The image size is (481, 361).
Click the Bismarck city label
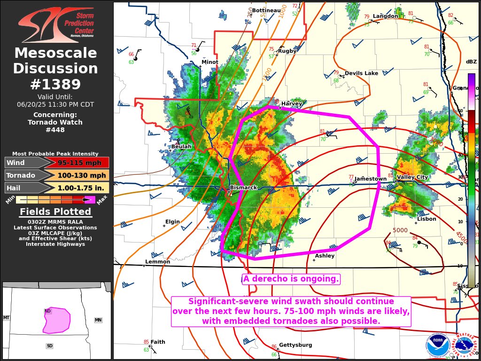click(x=244, y=188)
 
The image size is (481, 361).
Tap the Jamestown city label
click(x=371, y=179)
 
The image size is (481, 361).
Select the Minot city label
click(x=210, y=62)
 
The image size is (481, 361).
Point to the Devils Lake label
click(x=361, y=73)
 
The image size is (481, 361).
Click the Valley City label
click(x=412, y=177)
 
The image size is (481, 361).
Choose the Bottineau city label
click(x=266, y=10)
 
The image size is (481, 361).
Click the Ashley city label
click(x=325, y=256)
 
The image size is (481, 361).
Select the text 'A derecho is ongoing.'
click(x=291, y=279)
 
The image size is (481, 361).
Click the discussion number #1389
click(x=55, y=84)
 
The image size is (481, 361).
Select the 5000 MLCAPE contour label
click(x=400, y=230)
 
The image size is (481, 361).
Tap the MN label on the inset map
click(x=98, y=320)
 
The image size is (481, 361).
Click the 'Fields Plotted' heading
click(x=55, y=212)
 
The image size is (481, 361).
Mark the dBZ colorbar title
click(x=471, y=62)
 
